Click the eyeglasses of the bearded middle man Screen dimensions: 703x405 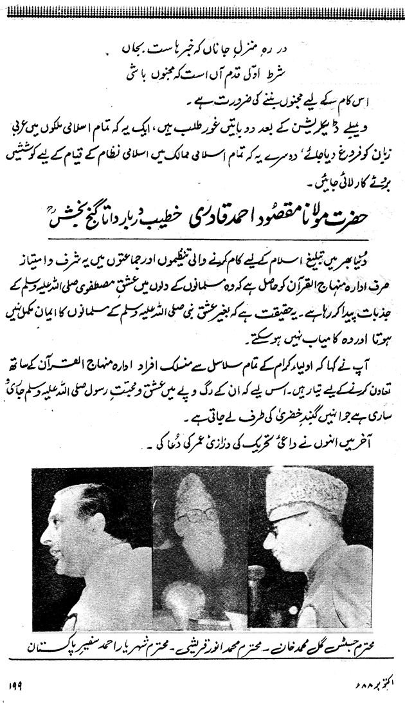tap(200, 515)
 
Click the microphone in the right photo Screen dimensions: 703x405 tap(257, 573)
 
